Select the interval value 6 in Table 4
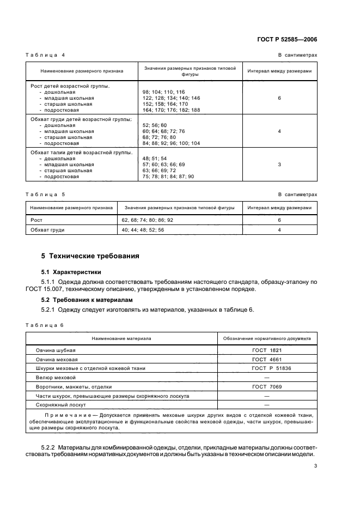point(279,98)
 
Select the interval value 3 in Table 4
point(279,165)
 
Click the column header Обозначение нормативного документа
point(267,338)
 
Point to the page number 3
point(315,466)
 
